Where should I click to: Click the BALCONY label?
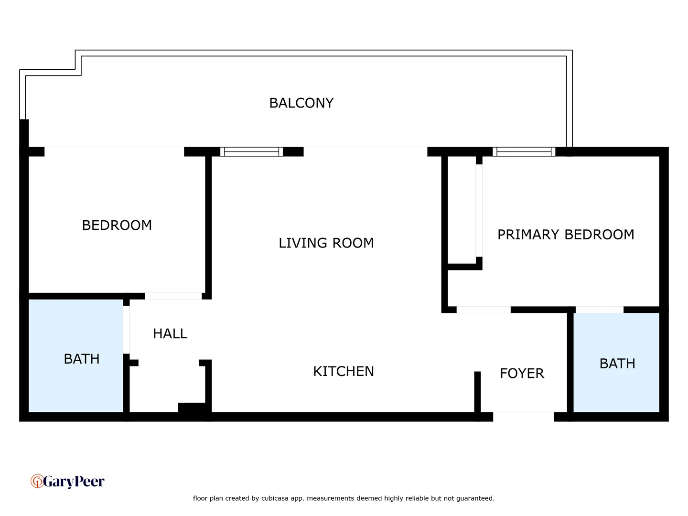coord(301,103)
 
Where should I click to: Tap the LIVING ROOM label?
coord(326,243)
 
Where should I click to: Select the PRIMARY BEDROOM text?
coord(565,235)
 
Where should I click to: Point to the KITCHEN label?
coord(343,371)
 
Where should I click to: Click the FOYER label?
coord(522,373)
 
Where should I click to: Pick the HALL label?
coord(170,333)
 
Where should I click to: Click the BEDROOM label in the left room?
coord(117,225)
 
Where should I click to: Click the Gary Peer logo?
coord(67,481)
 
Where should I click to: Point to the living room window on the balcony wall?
coord(251,152)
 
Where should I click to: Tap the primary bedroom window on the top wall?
coord(524,152)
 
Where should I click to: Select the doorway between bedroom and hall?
coord(173,296)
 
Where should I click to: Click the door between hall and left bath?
coord(126,330)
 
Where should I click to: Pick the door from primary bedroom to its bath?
coord(599,310)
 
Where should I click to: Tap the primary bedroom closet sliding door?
coord(479,210)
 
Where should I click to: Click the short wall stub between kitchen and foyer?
coord(477,392)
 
